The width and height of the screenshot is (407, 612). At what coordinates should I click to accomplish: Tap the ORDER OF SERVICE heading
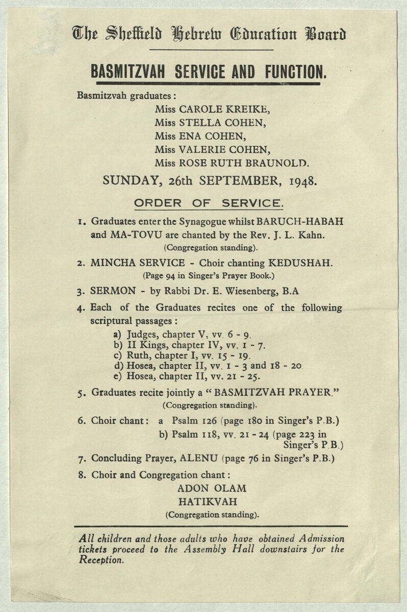point(208,203)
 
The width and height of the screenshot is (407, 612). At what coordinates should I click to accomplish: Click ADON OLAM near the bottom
point(211,488)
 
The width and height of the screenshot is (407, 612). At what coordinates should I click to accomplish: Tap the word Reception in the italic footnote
point(101,559)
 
